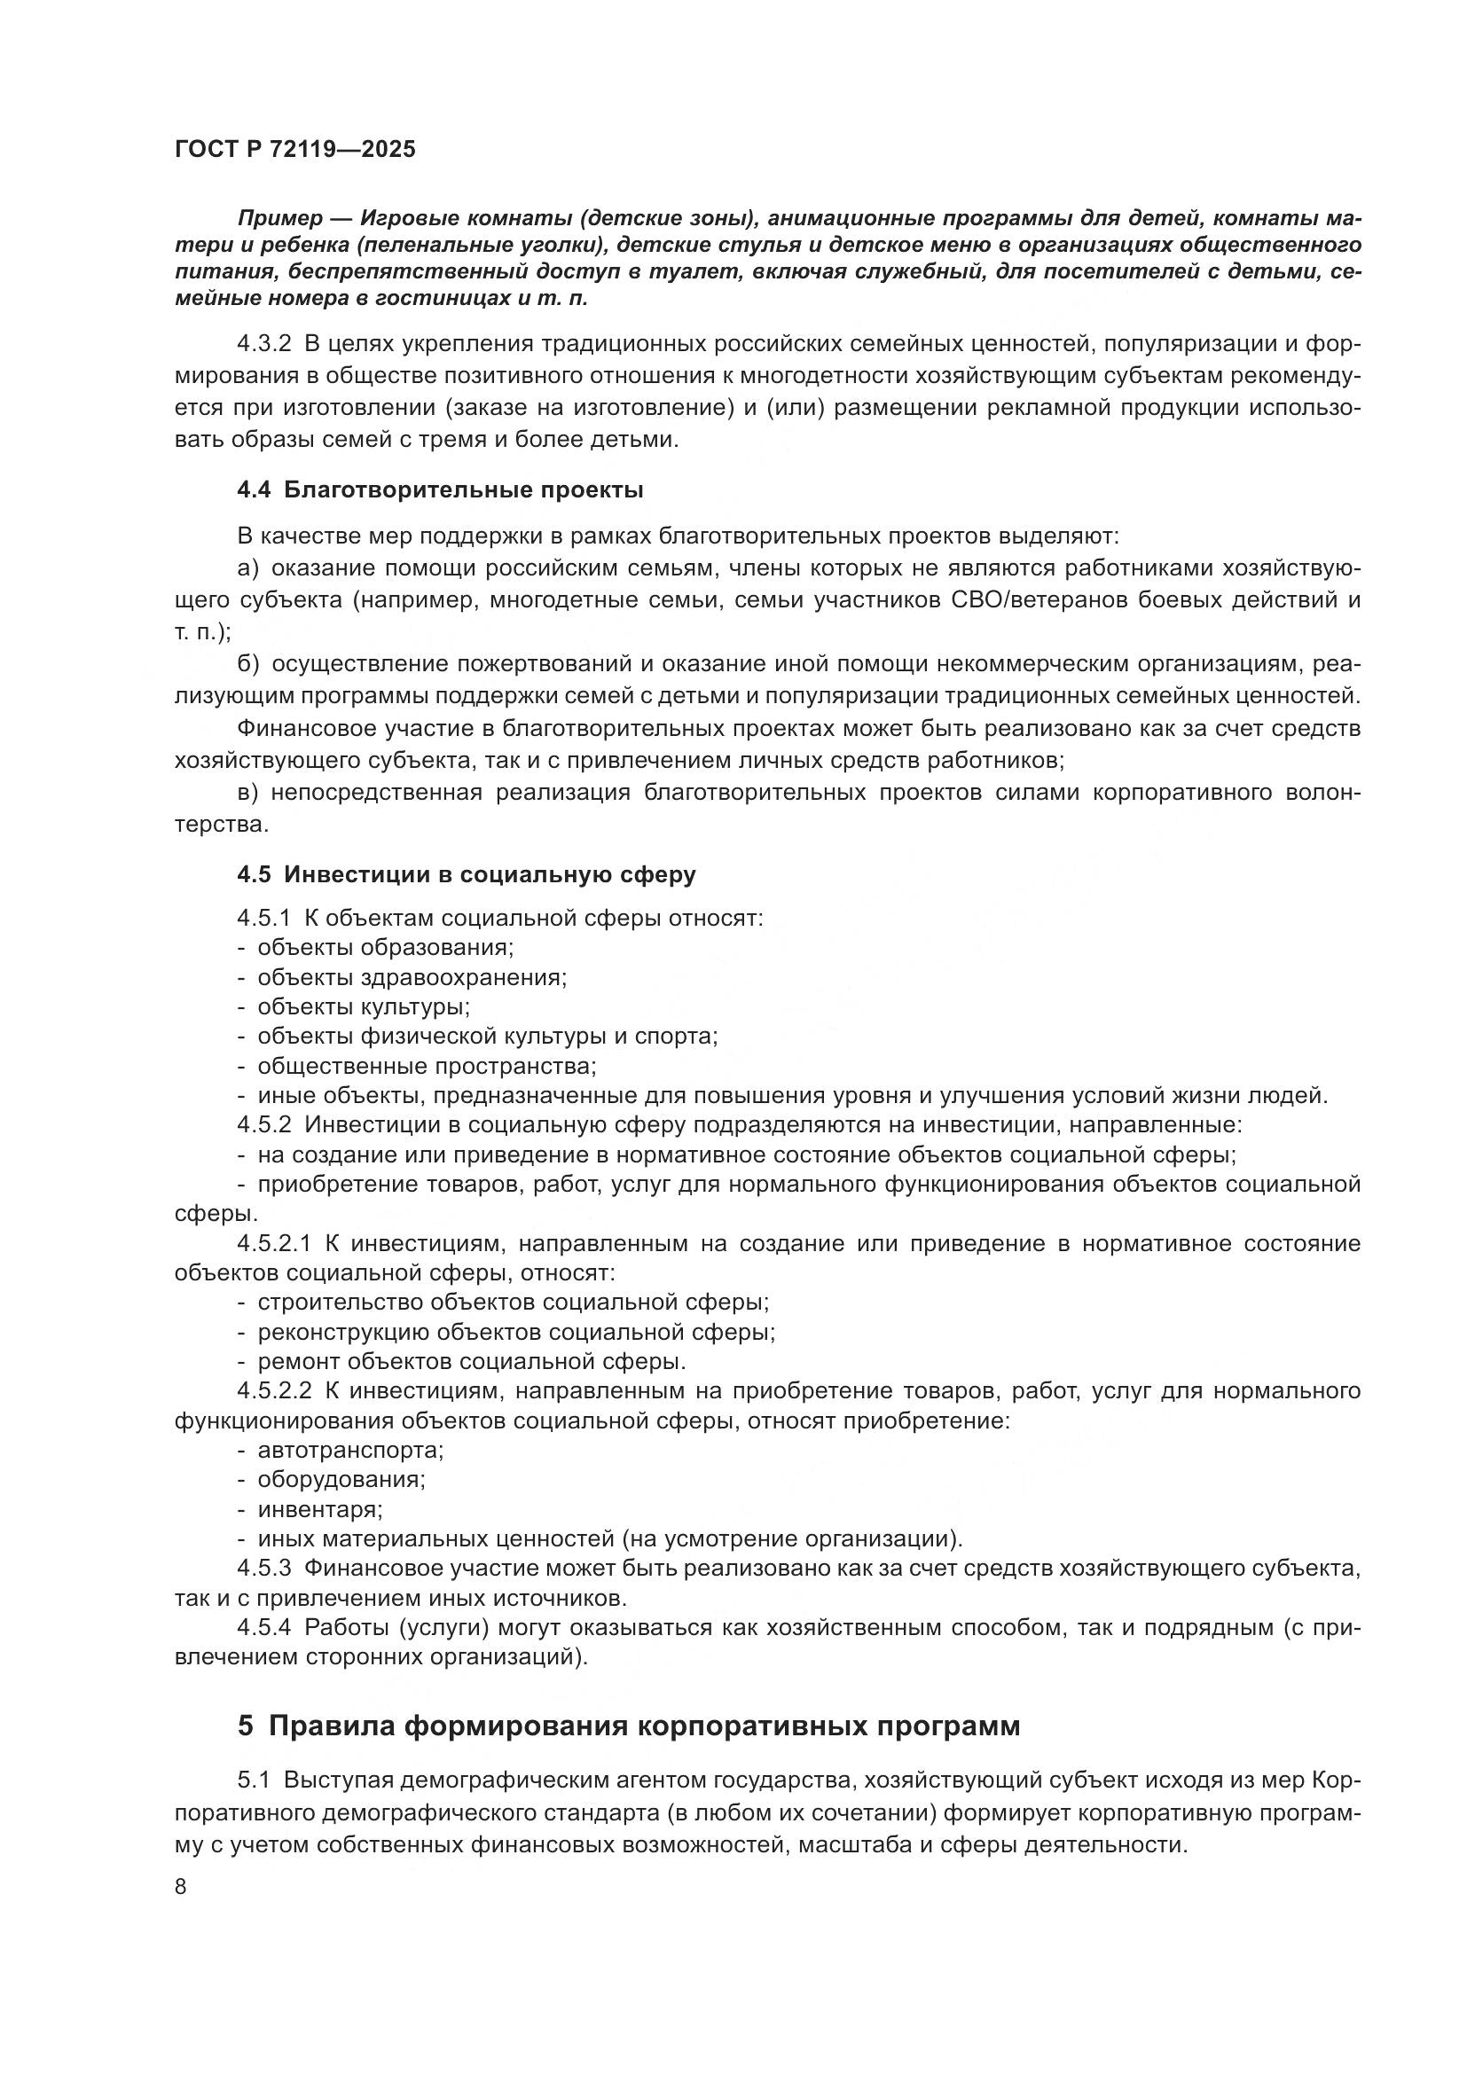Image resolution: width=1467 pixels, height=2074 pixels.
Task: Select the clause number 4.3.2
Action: pos(264,344)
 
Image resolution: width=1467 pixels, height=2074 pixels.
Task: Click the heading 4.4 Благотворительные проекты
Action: pos(440,490)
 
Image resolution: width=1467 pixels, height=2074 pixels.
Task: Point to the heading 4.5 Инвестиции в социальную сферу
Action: pos(467,874)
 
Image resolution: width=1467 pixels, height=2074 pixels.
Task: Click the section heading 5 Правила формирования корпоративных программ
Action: pos(629,1726)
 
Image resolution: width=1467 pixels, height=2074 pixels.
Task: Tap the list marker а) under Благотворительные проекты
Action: pos(248,568)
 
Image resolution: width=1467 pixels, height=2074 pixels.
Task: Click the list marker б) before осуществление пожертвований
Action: pos(248,664)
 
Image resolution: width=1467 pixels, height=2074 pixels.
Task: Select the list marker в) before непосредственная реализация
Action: pos(248,792)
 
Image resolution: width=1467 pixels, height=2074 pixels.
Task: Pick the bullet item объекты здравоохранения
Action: pos(412,977)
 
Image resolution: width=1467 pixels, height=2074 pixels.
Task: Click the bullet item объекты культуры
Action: pos(363,1006)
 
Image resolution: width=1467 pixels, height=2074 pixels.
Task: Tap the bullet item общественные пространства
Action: pos(427,1066)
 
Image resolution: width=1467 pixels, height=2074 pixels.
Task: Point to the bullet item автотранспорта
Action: pos(350,1450)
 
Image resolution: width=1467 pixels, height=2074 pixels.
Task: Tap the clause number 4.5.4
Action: pos(264,1628)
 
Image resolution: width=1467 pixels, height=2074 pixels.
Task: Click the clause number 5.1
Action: pos(254,1781)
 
